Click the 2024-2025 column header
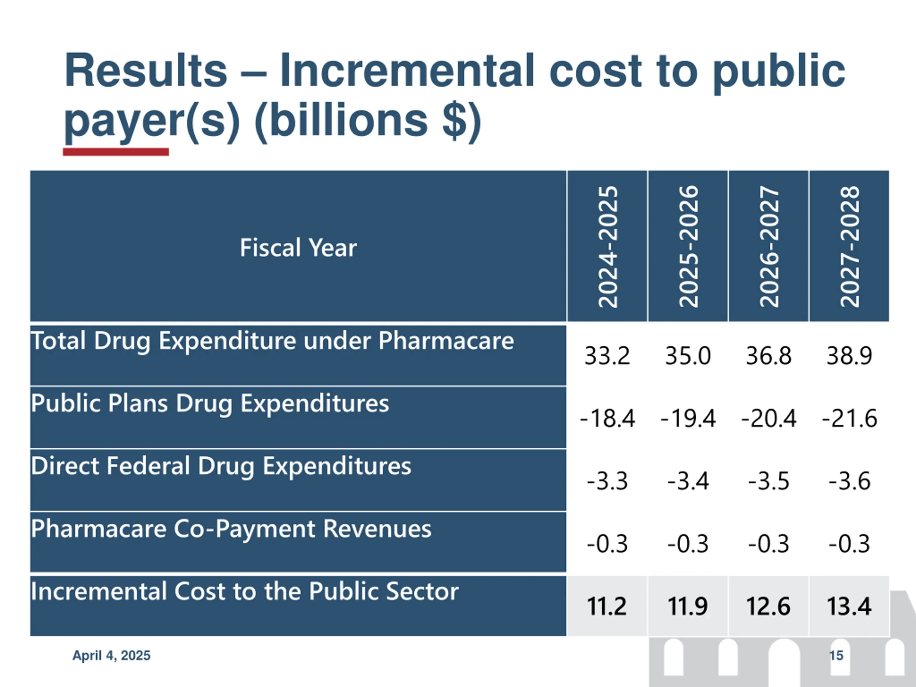pyautogui.click(x=608, y=247)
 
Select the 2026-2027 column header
pyautogui.click(x=769, y=247)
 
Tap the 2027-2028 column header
pyautogui.click(x=849, y=247)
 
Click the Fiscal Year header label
pyautogui.click(x=298, y=248)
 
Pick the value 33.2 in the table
pyautogui.click(x=607, y=356)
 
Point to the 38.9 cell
pyautogui.click(x=849, y=356)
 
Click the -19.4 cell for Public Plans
pyautogui.click(x=688, y=418)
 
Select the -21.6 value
pyautogui.click(x=849, y=418)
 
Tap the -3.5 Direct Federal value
pyautogui.click(x=769, y=481)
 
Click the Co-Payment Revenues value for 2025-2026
pyautogui.click(x=688, y=544)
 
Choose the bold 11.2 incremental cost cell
pyautogui.click(x=607, y=606)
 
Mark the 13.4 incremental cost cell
pyautogui.click(x=849, y=606)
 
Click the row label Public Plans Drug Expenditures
pyautogui.click(x=210, y=403)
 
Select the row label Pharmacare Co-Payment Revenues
pyautogui.click(x=231, y=529)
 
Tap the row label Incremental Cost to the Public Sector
pyautogui.click(x=244, y=591)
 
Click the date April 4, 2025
pyautogui.click(x=111, y=656)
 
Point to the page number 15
pyautogui.click(x=836, y=656)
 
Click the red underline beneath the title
pyautogui.click(x=116, y=152)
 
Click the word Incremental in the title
pyautogui.click(x=407, y=71)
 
